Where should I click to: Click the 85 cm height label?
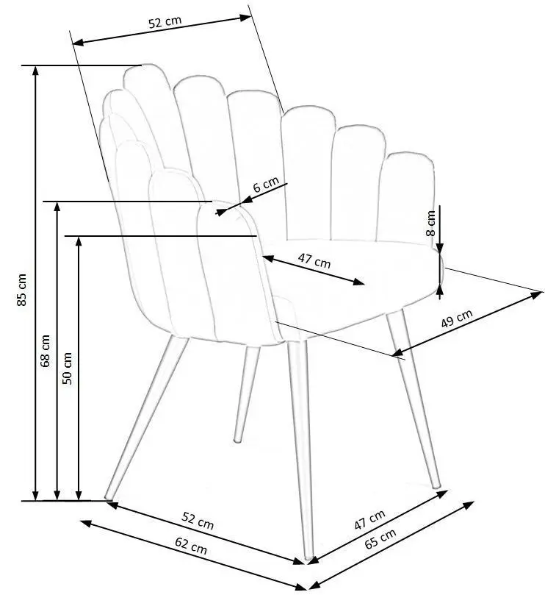(x=22, y=290)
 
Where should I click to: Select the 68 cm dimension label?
(x=45, y=350)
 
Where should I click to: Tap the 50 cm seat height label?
(x=67, y=368)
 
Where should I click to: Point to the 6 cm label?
(x=266, y=184)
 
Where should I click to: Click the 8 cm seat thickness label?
(x=430, y=223)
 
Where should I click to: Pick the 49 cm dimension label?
(x=457, y=318)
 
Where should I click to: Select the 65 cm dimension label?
(x=380, y=538)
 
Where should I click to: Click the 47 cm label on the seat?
(x=314, y=260)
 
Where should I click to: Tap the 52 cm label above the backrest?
(x=165, y=21)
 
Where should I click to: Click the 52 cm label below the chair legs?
(x=198, y=520)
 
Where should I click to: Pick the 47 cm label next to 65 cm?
(x=369, y=519)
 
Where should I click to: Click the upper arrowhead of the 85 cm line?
(x=36, y=71)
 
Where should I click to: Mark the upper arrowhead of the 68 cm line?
(x=57, y=207)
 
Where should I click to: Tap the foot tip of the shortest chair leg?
(x=238, y=441)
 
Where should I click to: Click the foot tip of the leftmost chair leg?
(x=108, y=496)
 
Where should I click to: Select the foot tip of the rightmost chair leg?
(x=437, y=486)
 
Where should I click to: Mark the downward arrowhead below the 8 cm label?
(x=440, y=248)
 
